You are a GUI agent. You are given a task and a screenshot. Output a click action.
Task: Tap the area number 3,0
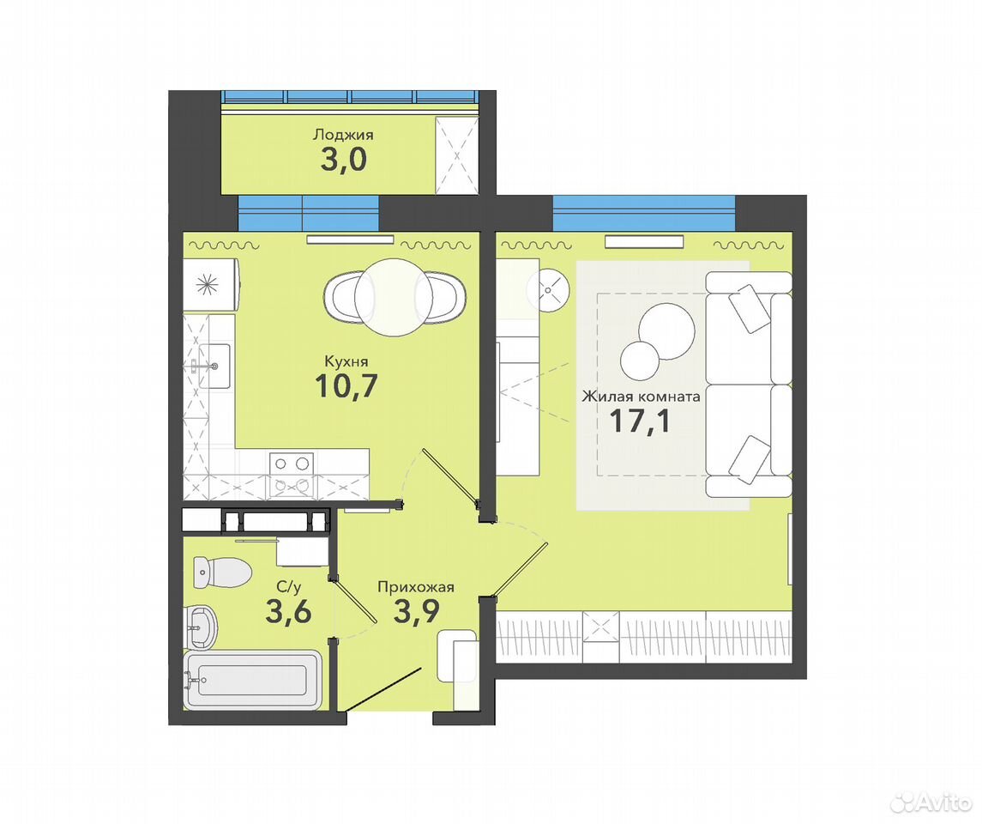pyautogui.click(x=343, y=161)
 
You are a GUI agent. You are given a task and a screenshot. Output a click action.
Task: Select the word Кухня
pyautogui.click(x=346, y=361)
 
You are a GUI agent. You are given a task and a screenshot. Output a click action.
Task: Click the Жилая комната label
pyautogui.click(x=641, y=397)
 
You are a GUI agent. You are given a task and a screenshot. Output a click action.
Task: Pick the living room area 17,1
pyautogui.click(x=640, y=421)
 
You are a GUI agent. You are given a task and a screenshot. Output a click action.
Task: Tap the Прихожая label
pyautogui.click(x=415, y=587)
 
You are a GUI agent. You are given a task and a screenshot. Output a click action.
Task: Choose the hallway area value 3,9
pyautogui.click(x=416, y=611)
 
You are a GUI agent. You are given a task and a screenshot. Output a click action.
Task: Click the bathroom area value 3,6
pyautogui.click(x=288, y=611)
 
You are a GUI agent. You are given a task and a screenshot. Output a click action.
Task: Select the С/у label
pyautogui.click(x=289, y=587)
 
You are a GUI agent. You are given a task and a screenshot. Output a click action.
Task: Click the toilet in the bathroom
pyautogui.click(x=222, y=573)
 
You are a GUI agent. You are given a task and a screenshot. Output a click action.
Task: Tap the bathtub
pyautogui.click(x=253, y=680)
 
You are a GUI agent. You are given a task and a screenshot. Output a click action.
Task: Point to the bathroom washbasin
pyautogui.click(x=201, y=627)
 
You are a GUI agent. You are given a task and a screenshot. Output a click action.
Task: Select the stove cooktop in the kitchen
pyautogui.click(x=292, y=475)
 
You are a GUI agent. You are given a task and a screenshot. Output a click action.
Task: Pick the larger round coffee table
pyautogui.click(x=666, y=331)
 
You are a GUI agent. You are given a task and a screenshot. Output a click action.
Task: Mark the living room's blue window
pyautogui.click(x=644, y=213)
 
